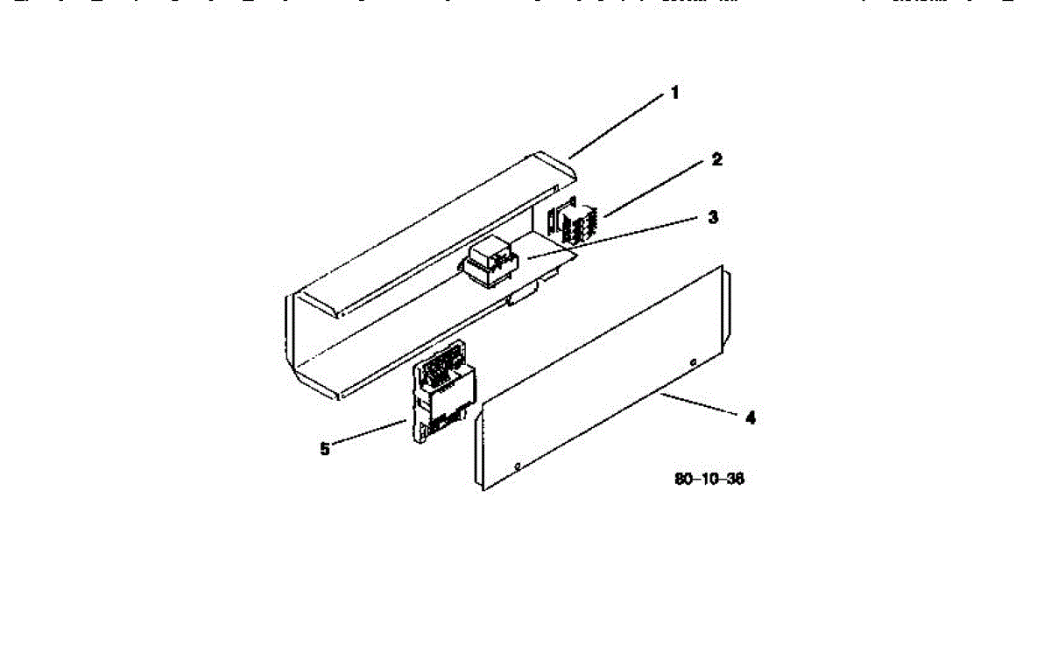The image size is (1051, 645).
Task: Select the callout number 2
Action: pos(716,160)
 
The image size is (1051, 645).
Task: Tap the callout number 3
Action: pos(713,216)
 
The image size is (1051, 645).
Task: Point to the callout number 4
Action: pos(750,418)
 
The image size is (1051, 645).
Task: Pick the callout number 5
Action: pos(325,449)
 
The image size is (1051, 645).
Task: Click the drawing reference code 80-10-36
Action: pos(709,480)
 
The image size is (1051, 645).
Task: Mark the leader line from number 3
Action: pos(613,237)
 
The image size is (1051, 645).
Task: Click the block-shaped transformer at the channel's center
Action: pos(490,261)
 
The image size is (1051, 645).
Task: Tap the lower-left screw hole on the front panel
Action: pos(518,465)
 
